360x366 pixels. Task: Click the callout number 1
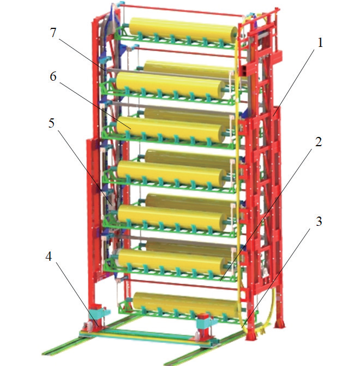pos(320,43)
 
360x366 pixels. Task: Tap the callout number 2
pos(319,142)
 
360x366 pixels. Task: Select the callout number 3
pos(319,221)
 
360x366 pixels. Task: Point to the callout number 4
pos(49,256)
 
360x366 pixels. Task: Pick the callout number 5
pos(51,123)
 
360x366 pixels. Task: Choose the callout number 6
pos(53,76)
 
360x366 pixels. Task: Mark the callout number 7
pos(53,32)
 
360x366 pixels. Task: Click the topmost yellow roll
pos(183,31)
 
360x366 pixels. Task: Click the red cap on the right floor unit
pos(203,317)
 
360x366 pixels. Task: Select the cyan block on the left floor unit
pos(103,313)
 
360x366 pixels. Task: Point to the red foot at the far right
pos(280,324)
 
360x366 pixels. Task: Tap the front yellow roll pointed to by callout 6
pos(169,130)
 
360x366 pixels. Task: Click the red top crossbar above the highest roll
pos(181,10)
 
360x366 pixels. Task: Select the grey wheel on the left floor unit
pos(89,326)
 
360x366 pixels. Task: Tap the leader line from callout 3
pos(276,278)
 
